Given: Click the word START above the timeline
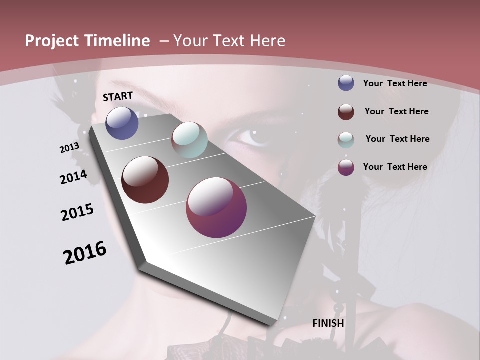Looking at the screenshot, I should tap(118, 96).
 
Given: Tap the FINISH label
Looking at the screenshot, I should tap(328, 323).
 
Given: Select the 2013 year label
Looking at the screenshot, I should tap(70, 147).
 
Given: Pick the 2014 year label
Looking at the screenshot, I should tap(74, 177).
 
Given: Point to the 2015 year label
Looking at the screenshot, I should tap(77, 212).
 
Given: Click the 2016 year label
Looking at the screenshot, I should tap(85, 253).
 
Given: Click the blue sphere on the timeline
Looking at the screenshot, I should tap(122, 123).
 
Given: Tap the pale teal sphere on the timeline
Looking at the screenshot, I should tap(189, 140).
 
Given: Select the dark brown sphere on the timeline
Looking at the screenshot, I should tap(145, 180).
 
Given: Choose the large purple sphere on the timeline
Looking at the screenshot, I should tap(216, 207).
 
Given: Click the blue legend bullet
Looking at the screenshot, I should tap(346, 83).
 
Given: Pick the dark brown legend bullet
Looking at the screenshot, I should tap(346, 111).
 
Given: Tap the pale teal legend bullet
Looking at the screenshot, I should tap(346, 139).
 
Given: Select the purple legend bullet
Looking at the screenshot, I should tap(346, 167).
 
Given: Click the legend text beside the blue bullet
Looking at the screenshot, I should tap(395, 83).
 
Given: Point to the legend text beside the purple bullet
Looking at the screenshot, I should tap(395, 167).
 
